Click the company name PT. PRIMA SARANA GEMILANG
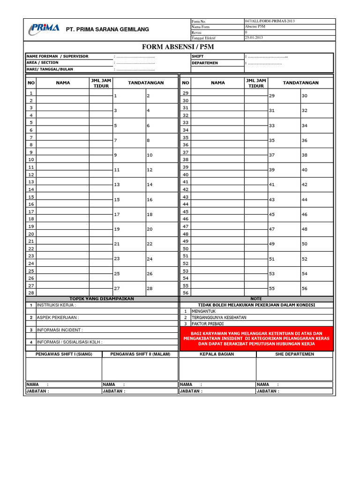(x=107, y=30)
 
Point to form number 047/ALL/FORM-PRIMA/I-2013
(x=270, y=22)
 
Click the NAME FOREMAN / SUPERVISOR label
(x=57, y=56)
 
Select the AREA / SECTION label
(x=43, y=63)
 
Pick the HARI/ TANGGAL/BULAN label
(x=50, y=69)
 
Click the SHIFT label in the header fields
(x=197, y=56)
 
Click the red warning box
(x=256, y=338)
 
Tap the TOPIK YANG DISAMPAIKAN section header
(x=102, y=299)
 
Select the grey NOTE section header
(x=256, y=299)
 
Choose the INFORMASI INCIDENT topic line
(x=61, y=330)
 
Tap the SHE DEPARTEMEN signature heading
(x=294, y=354)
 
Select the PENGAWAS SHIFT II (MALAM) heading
(x=140, y=354)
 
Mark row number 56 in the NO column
(x=185, y=293)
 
